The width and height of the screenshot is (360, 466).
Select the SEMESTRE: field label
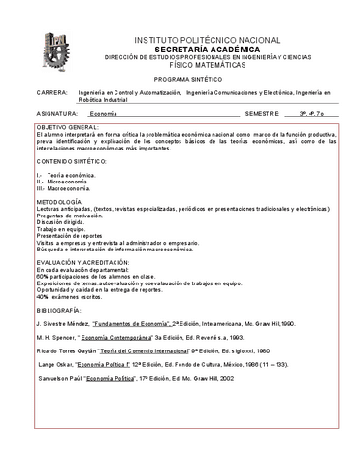pyautogui.click(x=266, y=113)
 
